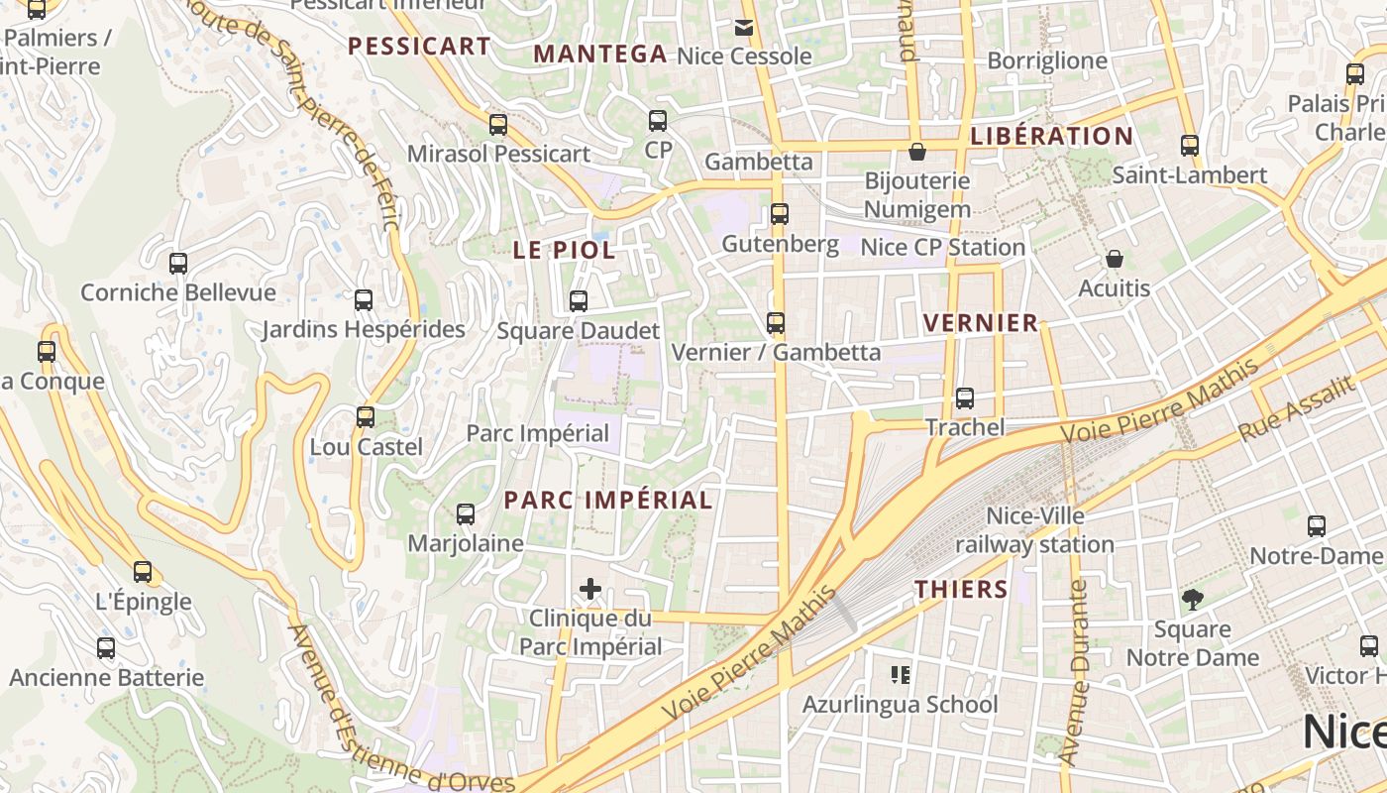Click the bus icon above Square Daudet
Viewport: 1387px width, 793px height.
pos(579,300)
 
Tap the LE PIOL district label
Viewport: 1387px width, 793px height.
pos(565,250)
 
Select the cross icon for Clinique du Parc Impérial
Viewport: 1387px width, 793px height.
pos(590,589)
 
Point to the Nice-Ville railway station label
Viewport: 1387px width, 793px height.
pos(1035,530)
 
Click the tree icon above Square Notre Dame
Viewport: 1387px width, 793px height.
pos(1192,599)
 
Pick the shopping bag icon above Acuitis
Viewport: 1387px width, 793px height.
pos(1115,259)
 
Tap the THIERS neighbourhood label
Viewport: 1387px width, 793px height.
pos(961,589)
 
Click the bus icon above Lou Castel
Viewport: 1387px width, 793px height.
pos(366,417)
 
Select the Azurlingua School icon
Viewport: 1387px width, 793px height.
pos(901,675)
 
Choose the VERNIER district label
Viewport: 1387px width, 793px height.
pos(981,322)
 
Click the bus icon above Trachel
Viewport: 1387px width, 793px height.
pos(965,398)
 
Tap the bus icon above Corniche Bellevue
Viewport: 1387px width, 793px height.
pos(178,264)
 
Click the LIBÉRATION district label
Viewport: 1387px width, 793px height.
pos(1052,136)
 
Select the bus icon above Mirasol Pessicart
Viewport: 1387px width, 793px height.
pos(498,125)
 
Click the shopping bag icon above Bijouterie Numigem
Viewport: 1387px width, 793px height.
pos(917,152)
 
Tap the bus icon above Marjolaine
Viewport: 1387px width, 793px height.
pos(466,514)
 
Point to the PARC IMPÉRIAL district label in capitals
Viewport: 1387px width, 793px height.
pos(608,500)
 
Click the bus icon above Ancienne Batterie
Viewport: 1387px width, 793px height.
pos(106,649)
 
